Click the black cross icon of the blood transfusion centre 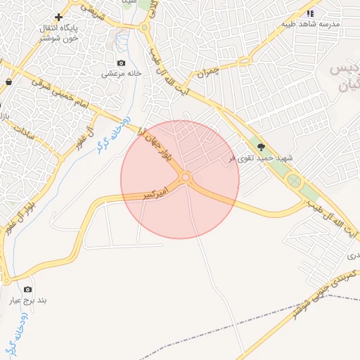point(58,17)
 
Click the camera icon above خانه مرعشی point(122,63)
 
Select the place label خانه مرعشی point(122,73)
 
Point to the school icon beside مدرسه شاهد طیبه point(310,13)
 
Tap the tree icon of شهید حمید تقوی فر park point(262,147)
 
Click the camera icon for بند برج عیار point(27,289)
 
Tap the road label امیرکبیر point(156,191)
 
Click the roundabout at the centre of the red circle point(186,178)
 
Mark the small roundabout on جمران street point(244,61)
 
